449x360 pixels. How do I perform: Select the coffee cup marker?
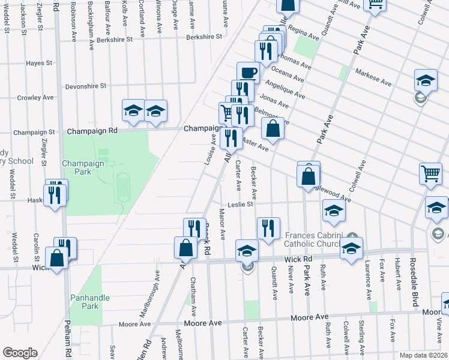click(248, 73)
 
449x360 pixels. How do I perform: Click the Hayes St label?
click(40, 62)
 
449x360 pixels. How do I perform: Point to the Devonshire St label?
click(86, 86)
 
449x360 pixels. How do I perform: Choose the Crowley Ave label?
click(35, 97)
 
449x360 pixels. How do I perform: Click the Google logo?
click(19, 353)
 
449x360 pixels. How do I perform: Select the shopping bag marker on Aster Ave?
click(273, 129)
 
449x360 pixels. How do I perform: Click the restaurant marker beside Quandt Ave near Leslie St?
click(268, 228)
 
